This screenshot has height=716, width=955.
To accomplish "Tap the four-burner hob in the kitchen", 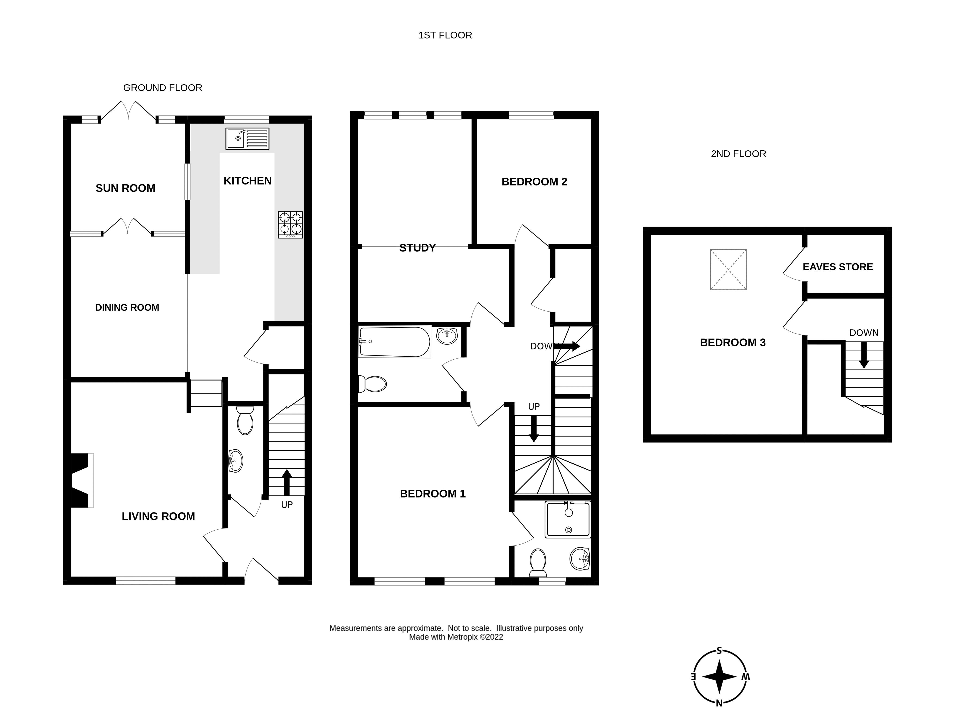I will click(x=290, y=225).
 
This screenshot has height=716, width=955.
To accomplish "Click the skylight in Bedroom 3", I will click(x=728, y=269).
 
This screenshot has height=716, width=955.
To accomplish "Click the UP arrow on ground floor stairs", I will click(x=287, y=482).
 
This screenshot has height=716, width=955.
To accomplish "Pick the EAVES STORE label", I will click(x=838, y=267).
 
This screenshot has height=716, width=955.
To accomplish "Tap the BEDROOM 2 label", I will click(x=534, y=182).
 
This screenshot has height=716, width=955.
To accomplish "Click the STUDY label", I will click(x=417, y=248).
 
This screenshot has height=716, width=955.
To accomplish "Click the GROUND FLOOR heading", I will click(x=162, y=88).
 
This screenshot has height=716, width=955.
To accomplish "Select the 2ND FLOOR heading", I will click(x=738, y=154).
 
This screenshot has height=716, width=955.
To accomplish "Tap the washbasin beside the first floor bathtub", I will click(x=447, y=336).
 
